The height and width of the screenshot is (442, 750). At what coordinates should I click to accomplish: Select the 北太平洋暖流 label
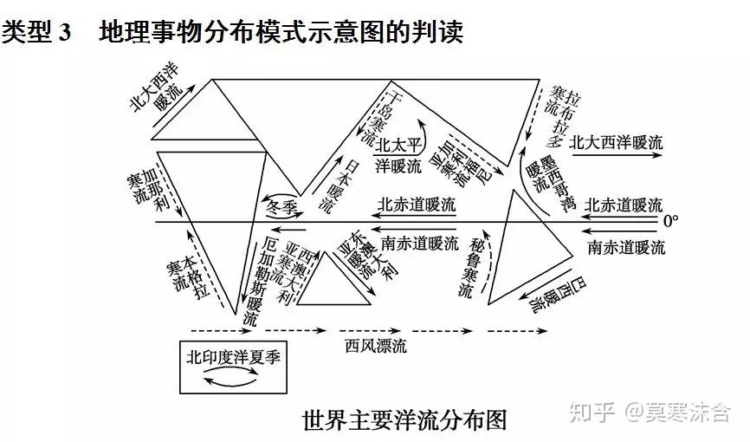pyautogui.click(x=399, y=155)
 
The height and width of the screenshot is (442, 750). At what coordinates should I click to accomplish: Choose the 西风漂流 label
pyautogui.click(x=375, y=347)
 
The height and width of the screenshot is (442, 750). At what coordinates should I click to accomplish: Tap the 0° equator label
pyautogui.click(x=671, y=222)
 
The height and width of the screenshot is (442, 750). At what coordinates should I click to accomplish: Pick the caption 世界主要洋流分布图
pyautogui.click(x=404, y=420)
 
